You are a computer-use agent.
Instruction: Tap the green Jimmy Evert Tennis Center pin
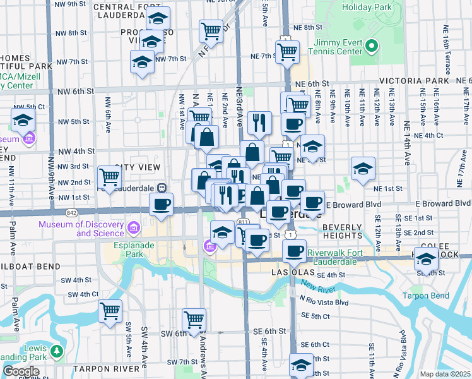coord(372,45)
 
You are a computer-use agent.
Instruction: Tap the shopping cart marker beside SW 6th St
coord(194,319)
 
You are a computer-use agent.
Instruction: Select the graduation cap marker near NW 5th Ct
coord(23,119)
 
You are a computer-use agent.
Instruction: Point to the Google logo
coord(21,371)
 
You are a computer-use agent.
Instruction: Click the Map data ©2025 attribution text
coord(445,374)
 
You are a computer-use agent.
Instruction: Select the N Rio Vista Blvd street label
coord(324,301)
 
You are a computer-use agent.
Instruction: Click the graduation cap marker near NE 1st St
coord(363,169)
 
